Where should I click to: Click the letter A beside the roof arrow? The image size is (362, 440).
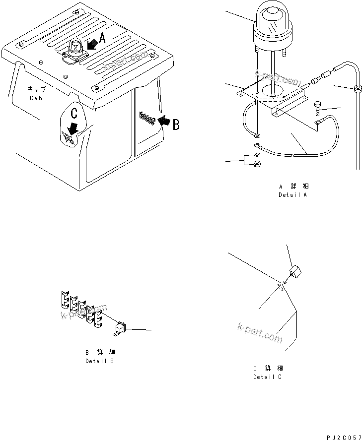pyautogui.click(x=102, y=38)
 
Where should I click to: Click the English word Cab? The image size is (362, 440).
pyautogui.click(x=36, y=98)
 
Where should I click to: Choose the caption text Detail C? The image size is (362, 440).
pyautogui.click(x=267, y=377)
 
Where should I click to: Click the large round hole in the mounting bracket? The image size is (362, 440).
pyautogui.click(x=271, y=90)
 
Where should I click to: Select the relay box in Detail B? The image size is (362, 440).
pyautogui.click(x=121, y=327)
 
